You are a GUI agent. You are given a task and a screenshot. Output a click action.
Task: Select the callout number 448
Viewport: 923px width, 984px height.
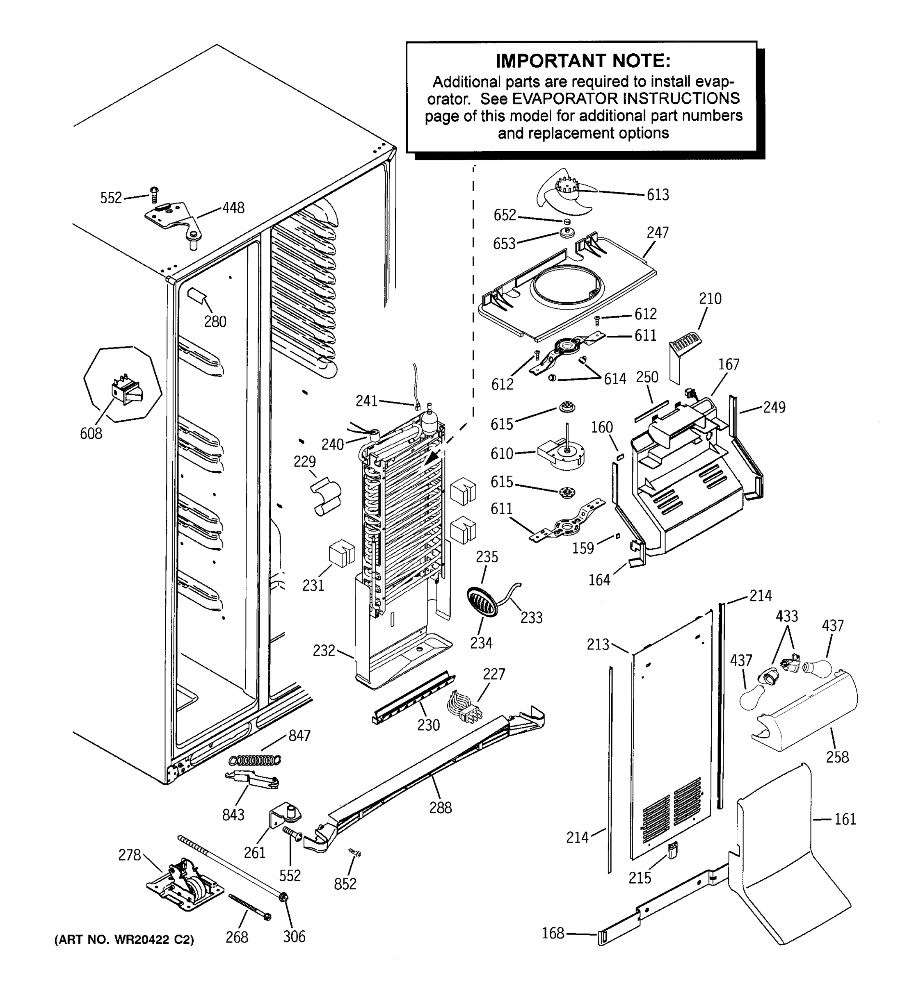(233, 208)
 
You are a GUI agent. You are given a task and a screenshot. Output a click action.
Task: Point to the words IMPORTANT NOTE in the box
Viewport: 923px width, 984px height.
(583, 61)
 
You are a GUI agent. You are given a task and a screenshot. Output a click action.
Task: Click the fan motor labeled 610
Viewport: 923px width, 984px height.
(562, 453)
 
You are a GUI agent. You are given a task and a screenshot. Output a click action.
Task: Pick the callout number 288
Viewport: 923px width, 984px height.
(440, 808)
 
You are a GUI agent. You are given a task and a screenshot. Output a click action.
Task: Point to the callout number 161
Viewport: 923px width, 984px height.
(845, 819)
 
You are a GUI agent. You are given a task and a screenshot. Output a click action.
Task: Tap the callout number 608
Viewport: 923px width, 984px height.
(91, 434)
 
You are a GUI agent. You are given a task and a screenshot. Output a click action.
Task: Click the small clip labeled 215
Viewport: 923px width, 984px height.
(672, 851)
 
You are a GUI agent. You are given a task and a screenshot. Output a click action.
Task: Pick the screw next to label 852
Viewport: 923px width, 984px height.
(354, 852)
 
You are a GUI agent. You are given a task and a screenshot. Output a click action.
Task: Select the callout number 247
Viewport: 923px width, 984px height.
(658, 232)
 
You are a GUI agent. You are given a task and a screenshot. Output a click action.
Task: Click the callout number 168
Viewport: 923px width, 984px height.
(553, 933)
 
